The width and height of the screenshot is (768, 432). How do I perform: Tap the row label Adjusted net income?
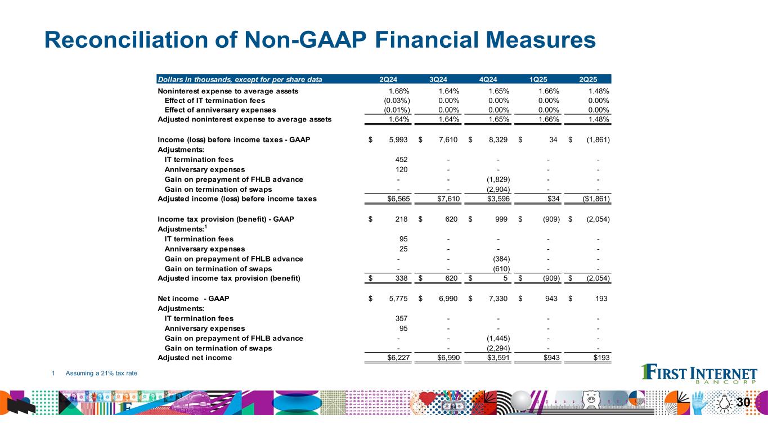coord(195,358)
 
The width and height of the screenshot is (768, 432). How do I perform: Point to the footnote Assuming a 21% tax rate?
coord(101,373)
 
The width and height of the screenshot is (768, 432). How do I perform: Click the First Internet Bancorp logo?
coord(699,375)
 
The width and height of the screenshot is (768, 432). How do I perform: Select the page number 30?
coord(743,402)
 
